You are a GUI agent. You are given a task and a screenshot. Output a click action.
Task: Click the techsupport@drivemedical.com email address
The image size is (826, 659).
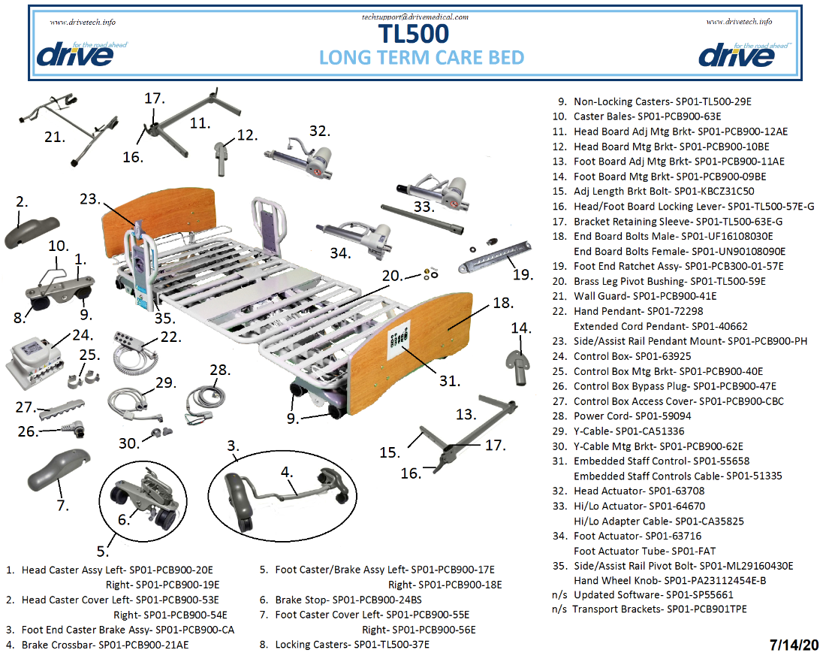click(415, 17)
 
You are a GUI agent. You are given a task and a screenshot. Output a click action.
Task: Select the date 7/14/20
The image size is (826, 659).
click(794, 645)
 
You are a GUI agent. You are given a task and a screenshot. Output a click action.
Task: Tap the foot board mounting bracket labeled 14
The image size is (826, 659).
click(516, 358)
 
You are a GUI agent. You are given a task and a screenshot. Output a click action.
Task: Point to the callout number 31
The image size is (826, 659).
click(450, 381)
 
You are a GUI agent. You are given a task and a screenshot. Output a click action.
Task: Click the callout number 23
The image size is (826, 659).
click(90, 199)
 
